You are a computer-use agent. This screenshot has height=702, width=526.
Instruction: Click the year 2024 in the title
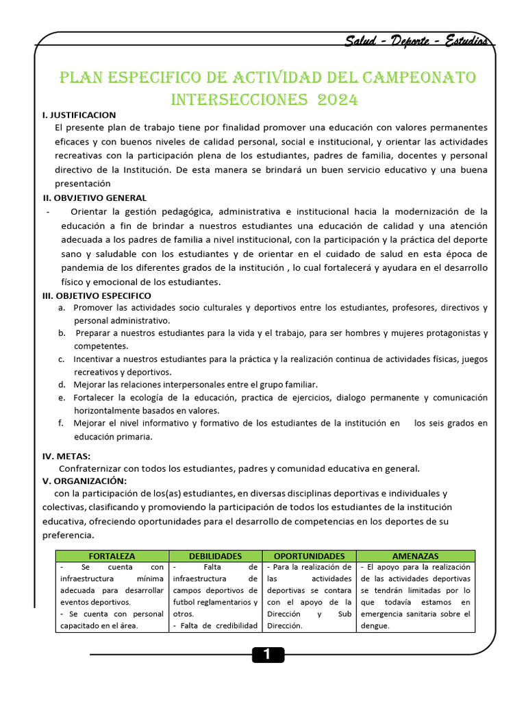point(337,100)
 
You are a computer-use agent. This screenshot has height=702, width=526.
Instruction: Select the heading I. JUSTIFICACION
point(79,115)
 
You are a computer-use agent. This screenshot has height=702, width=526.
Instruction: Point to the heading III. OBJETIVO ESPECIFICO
point(97,295)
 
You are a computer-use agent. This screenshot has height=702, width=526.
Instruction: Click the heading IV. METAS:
point(66,456)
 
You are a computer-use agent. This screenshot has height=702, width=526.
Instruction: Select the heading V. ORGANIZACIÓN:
point(84,481)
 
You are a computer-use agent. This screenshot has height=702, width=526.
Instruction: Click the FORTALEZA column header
point(112,556)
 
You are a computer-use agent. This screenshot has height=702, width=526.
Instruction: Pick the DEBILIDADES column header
point(215,556)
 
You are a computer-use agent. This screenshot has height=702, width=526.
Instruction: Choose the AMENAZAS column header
point(415,556)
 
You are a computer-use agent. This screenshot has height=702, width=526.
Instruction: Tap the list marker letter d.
point(62,385)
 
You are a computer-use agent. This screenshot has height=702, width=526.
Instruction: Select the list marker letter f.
point(61,423)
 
